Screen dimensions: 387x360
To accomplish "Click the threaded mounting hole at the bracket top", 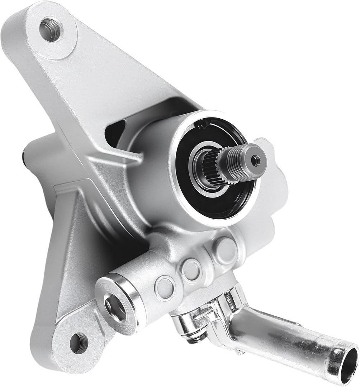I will [51, 30].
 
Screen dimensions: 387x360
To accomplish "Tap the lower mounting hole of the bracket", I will [79, 343].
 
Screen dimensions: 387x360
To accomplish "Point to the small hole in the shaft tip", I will [256, 160].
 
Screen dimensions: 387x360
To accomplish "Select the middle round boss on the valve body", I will [191, 269].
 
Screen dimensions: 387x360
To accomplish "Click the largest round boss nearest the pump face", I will [226, 249].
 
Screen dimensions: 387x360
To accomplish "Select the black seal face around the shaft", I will [215, 204].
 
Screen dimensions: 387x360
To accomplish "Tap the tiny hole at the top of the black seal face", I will [203, 125].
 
